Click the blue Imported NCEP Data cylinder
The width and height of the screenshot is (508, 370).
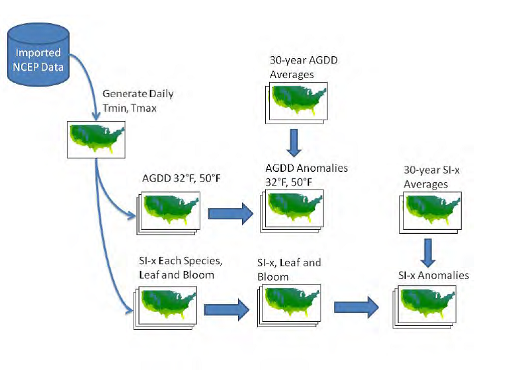coord(38,56)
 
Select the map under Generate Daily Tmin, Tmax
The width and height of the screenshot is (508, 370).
coord(97,139)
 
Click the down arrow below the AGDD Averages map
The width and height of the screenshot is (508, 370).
coord(294,141)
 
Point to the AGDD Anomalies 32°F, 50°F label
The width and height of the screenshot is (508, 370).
coord(297,174)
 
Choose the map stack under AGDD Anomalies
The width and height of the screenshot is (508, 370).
coord(294,210)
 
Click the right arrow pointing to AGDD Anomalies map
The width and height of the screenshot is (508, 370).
coord(231,213)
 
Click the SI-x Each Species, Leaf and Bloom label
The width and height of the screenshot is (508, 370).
coord(177,267)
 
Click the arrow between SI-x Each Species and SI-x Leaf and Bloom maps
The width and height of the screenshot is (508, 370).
coord(226,309)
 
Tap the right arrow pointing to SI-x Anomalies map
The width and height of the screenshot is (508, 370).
coord(356,307)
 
